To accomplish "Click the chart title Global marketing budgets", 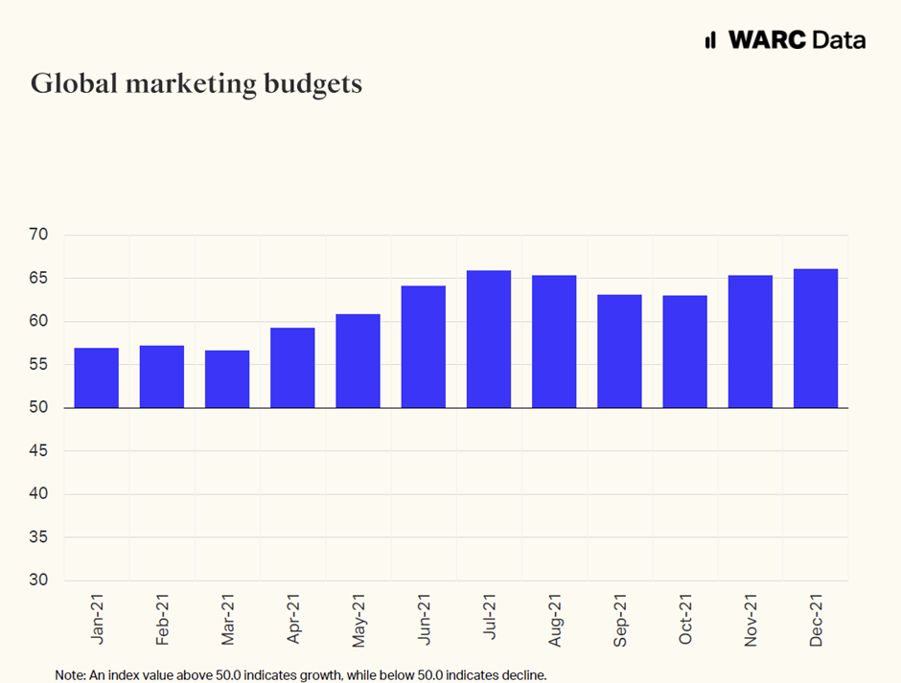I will click(196, 83).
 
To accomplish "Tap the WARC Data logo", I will click(785, 39).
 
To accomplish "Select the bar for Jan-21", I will click(96, 377).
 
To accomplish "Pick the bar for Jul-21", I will click(489, 339).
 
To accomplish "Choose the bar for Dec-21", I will click(816, 338).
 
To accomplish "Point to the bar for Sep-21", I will click(619, 351).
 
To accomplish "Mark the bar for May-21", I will click(358, 360).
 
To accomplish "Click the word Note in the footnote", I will click(70, 675).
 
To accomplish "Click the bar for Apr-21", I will click(292, 368).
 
